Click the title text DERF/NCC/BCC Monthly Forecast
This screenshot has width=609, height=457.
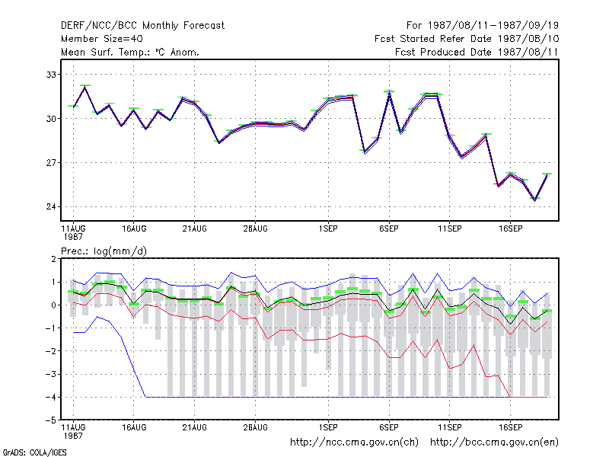(142, 26)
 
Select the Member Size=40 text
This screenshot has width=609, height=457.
(102, 39)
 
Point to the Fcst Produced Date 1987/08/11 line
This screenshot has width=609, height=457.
(477, 52)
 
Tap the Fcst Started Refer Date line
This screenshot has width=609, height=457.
(467, 39)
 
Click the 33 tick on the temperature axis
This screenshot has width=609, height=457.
(51, 75)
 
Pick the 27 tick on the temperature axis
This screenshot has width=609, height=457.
(51, 163)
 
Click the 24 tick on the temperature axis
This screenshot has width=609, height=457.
(51, 206)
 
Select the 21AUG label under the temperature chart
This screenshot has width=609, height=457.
(195, 229)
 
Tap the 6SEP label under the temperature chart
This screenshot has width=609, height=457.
(389, 229)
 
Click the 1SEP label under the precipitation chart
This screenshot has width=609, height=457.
(328, 427)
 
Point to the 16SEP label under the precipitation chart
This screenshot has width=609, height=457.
(510, 427)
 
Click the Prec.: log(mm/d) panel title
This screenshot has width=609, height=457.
(104, 251)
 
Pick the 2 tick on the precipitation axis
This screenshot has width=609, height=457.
(53, 259)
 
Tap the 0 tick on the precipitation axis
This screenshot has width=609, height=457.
(53, 305)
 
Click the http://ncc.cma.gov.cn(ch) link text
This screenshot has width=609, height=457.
(354, 443)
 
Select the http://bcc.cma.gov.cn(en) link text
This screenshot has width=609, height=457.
(494, 443)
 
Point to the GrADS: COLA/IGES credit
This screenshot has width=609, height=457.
(34, 452)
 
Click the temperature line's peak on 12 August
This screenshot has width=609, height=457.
(85, 87)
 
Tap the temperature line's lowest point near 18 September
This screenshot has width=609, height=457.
(535, 200)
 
